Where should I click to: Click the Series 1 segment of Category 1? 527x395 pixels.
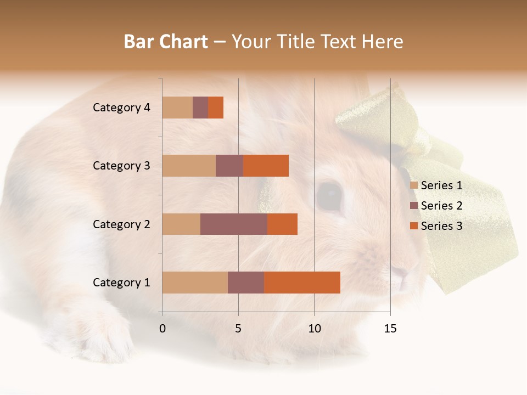195,283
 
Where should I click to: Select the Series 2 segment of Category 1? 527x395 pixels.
246,283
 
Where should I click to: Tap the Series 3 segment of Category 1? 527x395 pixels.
302,283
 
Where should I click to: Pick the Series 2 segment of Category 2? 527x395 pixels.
234,224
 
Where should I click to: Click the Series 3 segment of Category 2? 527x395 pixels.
282,224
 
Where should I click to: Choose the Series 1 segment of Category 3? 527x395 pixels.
189,166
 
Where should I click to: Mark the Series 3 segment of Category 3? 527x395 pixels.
266,166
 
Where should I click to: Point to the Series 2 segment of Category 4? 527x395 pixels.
200,108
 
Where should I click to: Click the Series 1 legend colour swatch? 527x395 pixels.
414,185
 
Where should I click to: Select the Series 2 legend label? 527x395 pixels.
441,206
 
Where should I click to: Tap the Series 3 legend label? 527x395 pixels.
441,226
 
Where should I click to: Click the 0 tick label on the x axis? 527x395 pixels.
162,329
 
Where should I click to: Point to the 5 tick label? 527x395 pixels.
238,329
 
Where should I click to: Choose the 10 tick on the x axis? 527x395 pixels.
314,329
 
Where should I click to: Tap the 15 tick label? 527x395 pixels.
390,329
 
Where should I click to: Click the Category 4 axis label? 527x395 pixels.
121,108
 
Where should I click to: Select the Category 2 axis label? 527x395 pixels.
121,224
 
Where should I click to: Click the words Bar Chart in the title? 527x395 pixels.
166,42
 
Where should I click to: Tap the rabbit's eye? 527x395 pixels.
329,195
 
